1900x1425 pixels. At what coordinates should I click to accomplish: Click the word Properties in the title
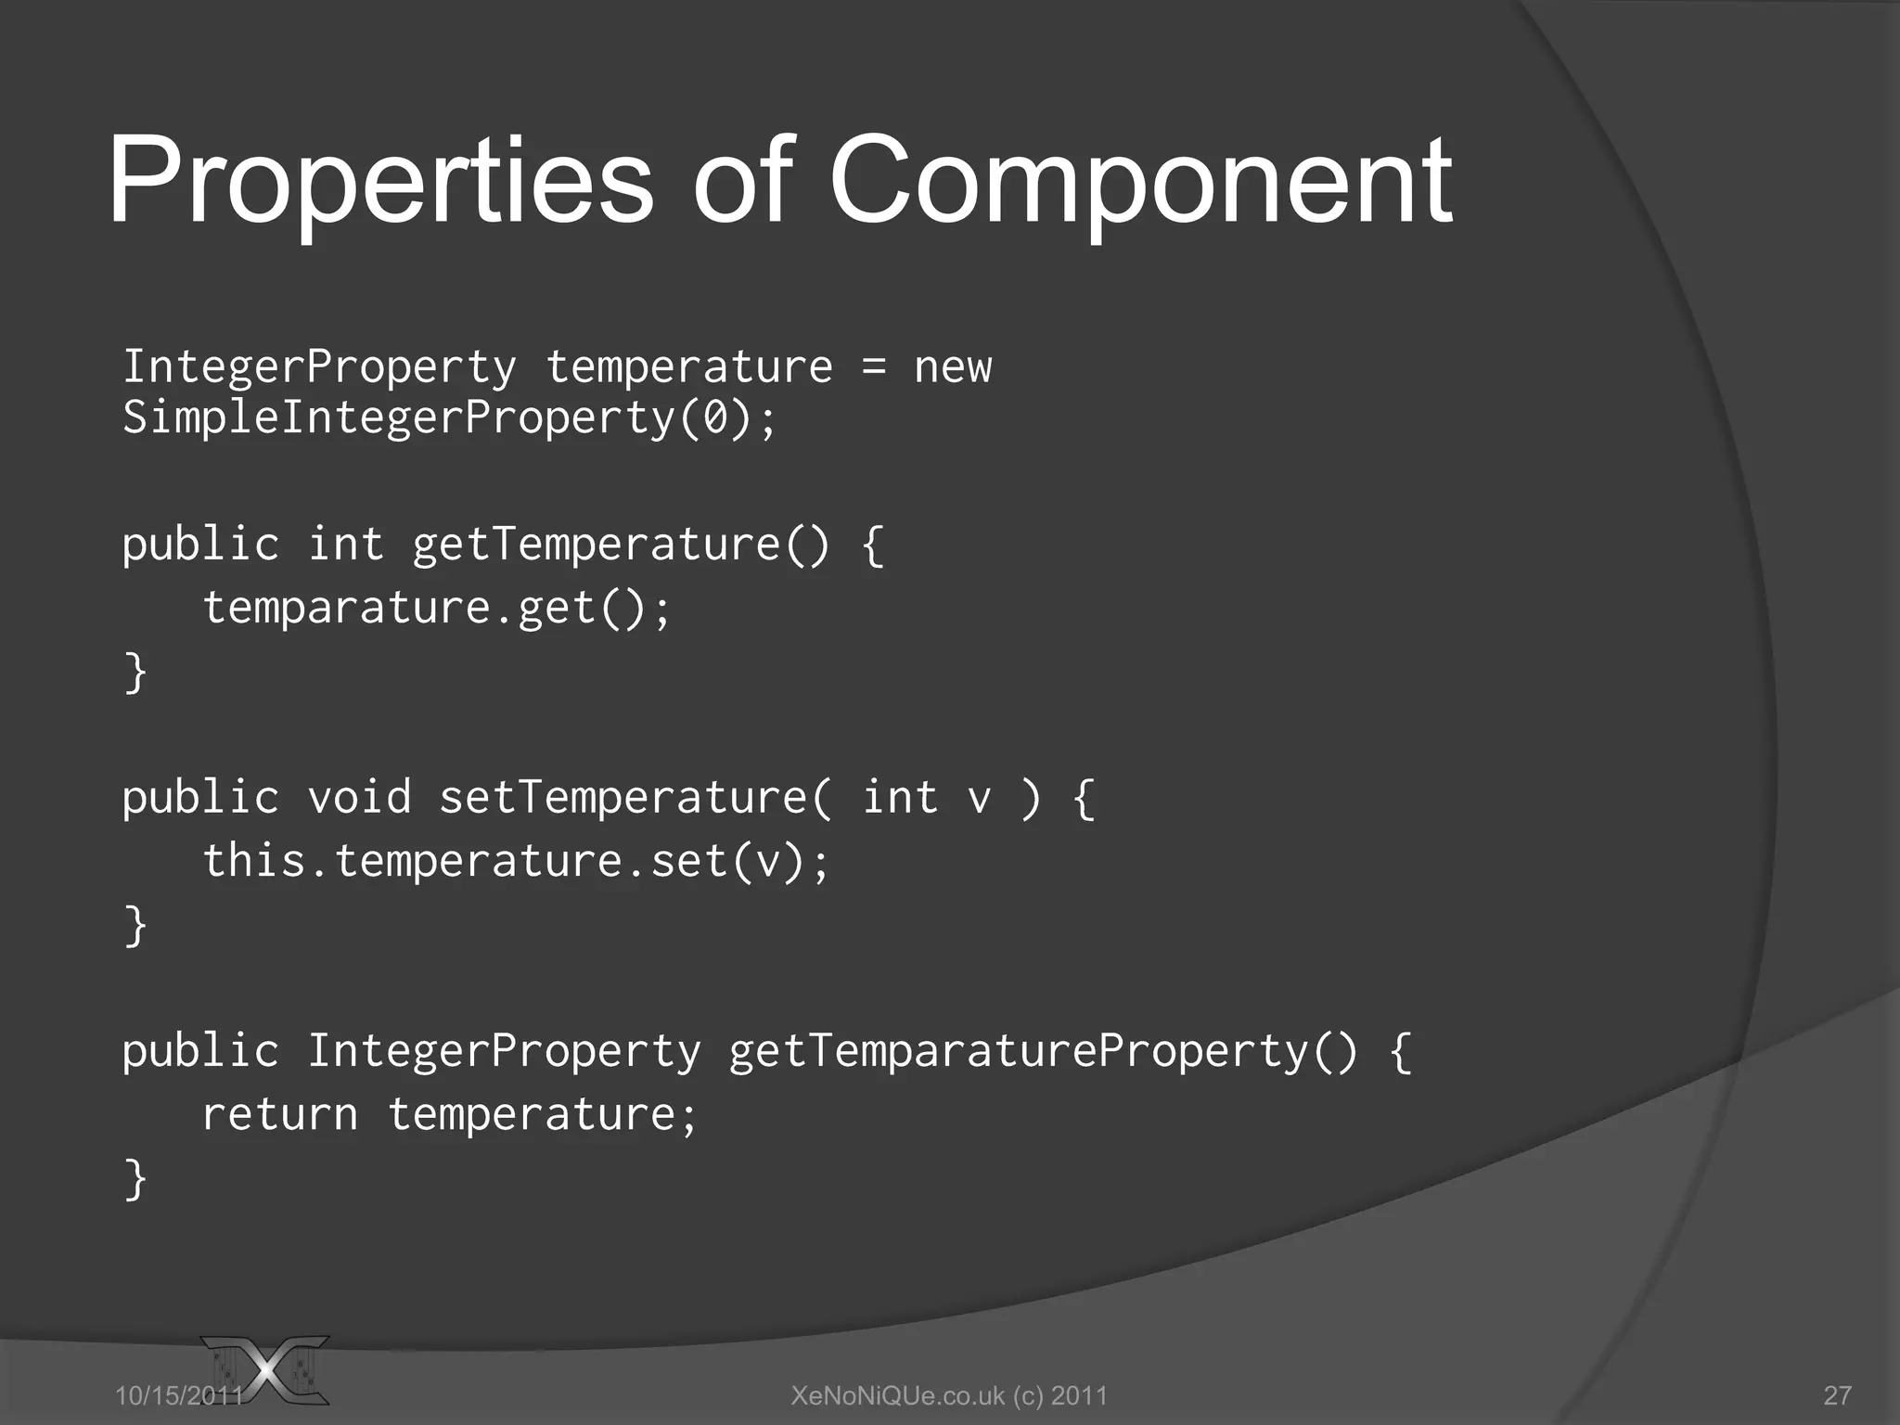point(380,181)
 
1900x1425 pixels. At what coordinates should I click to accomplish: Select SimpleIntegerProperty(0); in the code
point(449,417)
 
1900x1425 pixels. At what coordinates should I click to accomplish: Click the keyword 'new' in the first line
point(953,367)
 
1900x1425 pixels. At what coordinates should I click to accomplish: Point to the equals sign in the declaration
point(873,367)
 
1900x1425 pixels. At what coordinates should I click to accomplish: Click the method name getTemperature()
point(621,545)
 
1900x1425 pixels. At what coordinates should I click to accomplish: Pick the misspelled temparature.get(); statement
point(436,609)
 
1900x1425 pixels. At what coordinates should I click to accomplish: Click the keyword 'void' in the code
point(359,798)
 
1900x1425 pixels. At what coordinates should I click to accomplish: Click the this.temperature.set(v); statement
point(515,861)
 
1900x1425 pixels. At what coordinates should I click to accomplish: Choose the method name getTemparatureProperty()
point(1043,1052)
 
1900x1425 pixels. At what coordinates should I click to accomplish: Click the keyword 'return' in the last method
point(279,1115)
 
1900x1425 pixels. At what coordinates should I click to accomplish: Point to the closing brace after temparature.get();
point(135,672)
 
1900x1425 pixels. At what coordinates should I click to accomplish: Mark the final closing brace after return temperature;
point(135,1179)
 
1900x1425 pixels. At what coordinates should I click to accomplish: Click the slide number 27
point(1837,1395)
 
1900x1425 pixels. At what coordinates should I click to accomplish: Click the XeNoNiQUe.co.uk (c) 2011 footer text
point(949,1395)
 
